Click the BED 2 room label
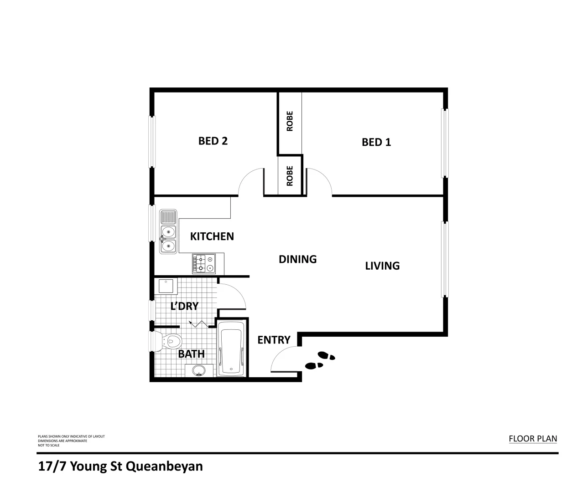(x=213, y=141)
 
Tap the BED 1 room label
(x=376, y=142)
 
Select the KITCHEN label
(x=212, y=236)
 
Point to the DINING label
(x=297, y=259)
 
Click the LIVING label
(x=382, y=266)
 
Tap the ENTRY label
(x=274, y=340)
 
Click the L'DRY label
(x=184, y=306)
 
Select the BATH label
(x=191, y=354)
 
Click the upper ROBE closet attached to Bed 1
(x=290, y=122)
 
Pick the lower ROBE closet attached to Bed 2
(x=290, y=175)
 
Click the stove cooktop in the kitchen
(x=204, y=263)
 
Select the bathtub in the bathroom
(x=231, y=349)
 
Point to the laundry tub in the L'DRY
(x=165, y=287)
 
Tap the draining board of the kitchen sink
(x=168, y=217)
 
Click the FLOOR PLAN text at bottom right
(x=533, y=439)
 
